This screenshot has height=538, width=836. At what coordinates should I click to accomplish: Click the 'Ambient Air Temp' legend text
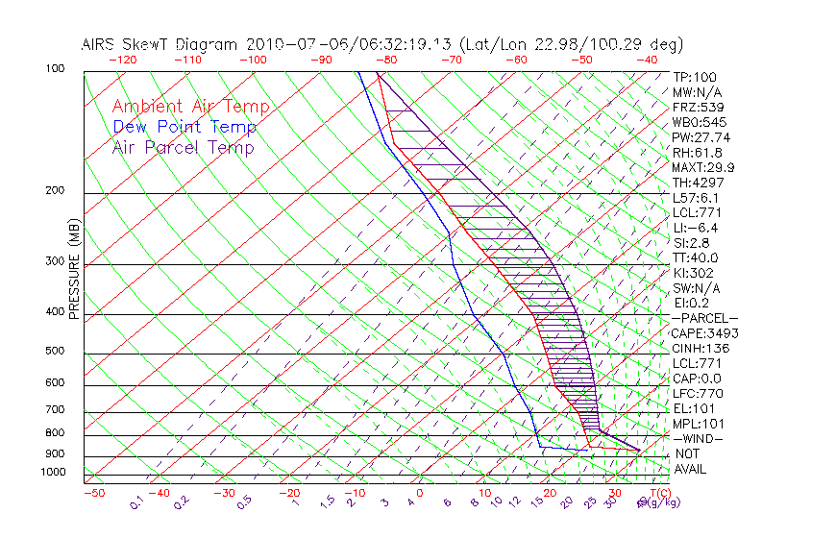190,107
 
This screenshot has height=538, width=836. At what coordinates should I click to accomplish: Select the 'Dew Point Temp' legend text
184,127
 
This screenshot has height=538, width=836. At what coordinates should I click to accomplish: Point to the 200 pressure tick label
55,191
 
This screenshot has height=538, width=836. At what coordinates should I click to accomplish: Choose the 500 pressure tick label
55,352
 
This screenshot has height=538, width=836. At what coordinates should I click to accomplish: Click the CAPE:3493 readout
704,333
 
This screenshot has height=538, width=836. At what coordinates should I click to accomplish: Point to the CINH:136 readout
701,348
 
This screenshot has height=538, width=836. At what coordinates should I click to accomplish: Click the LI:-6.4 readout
695,228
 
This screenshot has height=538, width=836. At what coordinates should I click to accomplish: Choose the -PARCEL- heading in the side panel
704,318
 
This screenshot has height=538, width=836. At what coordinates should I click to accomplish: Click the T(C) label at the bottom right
658,493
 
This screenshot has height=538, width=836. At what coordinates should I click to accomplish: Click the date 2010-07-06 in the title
294,44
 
